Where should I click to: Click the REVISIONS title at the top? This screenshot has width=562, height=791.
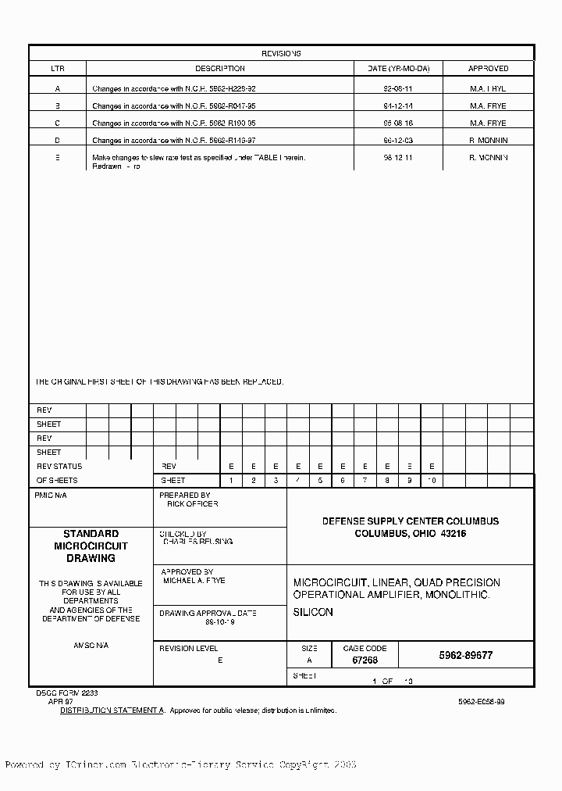[x=281, y=54]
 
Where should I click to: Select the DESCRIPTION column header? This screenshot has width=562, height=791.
[x=219, y=69]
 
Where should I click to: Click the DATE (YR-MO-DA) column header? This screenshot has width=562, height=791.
[x=397, y=69]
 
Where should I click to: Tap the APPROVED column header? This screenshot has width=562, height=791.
[x=488, y=69]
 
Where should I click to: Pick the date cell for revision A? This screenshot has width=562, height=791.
[x=397, y=89]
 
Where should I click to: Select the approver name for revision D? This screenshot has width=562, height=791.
[x=488, y=141]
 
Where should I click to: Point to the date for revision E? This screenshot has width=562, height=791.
[x=397, y=158]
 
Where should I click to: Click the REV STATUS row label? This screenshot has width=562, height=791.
[x=59, y=467]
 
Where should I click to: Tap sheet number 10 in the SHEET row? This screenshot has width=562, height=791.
[x=432, y=481]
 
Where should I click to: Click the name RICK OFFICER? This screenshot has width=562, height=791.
[x=192, y=504]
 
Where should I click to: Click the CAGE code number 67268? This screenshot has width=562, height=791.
[x=365, y=660]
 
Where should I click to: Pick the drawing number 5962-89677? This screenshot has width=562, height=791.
[x=466, y=656]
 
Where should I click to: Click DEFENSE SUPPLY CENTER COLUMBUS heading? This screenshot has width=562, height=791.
[x=411, y=521]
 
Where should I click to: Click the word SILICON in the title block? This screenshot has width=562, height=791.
[x=313, y=612]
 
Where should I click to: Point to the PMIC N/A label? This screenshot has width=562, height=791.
[x=52, y=496]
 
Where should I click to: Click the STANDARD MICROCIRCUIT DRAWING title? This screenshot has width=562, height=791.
[x=91, y=546]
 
